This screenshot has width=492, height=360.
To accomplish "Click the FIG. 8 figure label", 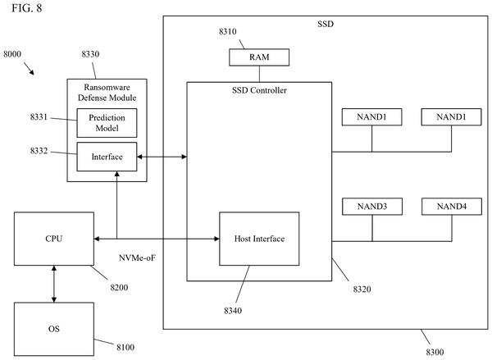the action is click(27, 8).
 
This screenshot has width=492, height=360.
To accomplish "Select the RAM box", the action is click(259, 57).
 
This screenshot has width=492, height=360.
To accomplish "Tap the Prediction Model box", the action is click(107, 123).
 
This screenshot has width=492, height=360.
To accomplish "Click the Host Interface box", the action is click(259, 239).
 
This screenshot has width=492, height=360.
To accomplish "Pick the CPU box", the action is click(54, 239).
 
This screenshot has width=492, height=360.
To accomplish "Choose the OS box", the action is click(54, 329).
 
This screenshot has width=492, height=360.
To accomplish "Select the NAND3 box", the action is click(372, 206).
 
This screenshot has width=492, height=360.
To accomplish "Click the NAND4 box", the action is click(452, 206).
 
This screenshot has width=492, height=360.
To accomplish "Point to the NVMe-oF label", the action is click(137, 258).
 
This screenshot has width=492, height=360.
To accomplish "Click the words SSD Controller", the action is click(259, 90).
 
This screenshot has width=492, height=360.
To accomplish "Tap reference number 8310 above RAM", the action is click(227, 31).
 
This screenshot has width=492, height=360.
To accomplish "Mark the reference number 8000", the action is click(12, 54).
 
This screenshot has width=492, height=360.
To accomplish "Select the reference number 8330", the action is click(90, 54).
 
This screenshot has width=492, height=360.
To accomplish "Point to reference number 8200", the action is click(119, 288).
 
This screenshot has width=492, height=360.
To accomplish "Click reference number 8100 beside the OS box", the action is click(125, 347).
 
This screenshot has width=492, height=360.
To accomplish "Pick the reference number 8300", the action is click(435, 352).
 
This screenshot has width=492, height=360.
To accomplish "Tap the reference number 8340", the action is click(233, 311).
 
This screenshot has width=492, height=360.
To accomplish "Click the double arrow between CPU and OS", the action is click(54, 284).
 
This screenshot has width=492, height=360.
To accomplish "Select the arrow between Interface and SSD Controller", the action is click(162, 157).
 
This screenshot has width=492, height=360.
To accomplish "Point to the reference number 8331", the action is click(39, 116).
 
